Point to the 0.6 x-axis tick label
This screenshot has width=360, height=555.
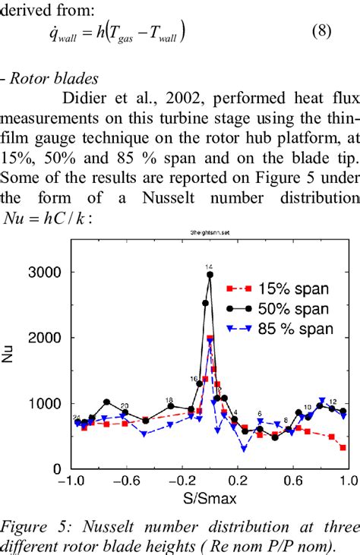(292, 481)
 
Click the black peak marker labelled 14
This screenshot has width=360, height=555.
(210, 274)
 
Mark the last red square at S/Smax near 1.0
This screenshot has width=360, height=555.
(343, 448)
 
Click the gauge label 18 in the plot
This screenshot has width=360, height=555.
(169, 399)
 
